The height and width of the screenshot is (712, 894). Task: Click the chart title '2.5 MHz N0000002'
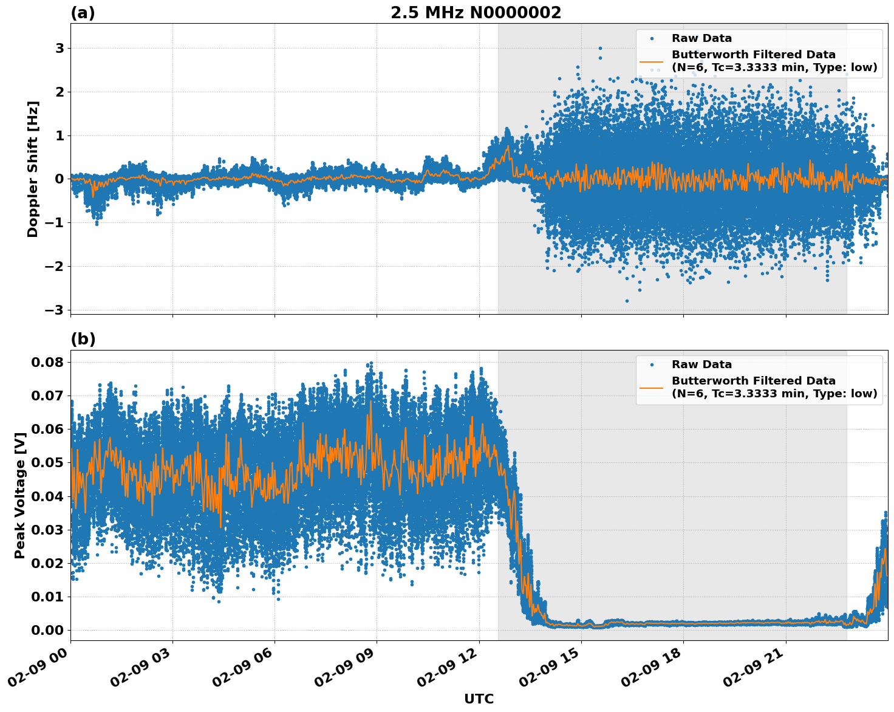coord(476,13)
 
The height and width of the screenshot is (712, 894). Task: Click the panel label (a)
coord(83,13)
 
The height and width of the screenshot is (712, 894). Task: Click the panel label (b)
coord(83,340)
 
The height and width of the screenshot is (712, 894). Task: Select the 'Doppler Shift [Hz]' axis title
coord(33,169)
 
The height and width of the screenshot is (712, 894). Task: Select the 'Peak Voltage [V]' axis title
coord(20,495)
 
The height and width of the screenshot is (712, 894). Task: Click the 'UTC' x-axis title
coord(479,699)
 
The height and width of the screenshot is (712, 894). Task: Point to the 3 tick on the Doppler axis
coord(60,48)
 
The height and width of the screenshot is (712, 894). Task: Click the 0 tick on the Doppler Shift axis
coord(60,179)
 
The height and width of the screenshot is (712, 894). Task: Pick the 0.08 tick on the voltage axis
coord(47,362)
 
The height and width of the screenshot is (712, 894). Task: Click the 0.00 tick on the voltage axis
coord(47,630)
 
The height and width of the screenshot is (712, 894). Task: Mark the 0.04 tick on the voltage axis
coord(47,496)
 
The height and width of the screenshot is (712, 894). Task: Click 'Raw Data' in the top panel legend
coord(701,38)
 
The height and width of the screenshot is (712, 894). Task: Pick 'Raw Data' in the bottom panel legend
coord(701,365)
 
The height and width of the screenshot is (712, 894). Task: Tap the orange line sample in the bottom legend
coord(652,388)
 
